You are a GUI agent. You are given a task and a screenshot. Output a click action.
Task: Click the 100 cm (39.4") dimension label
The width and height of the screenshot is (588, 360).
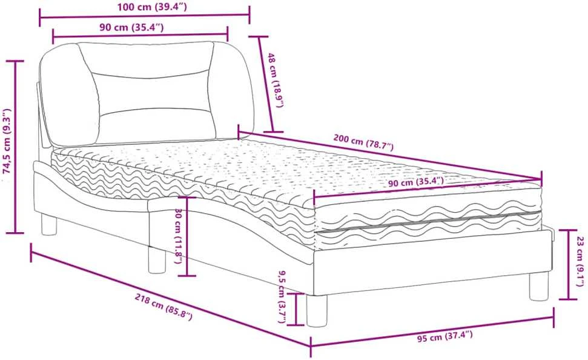point(151,7)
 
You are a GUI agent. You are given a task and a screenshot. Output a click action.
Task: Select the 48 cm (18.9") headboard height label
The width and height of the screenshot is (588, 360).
point(276,80)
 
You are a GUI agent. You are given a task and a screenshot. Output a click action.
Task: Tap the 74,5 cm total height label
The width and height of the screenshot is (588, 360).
point(7,141)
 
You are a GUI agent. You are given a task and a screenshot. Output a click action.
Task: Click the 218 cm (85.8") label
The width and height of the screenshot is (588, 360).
point(164,307)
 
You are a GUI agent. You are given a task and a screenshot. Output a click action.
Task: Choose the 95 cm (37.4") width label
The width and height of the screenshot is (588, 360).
point(444,336)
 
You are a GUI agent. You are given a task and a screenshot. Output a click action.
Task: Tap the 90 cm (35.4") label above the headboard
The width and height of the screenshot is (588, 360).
point(131,27)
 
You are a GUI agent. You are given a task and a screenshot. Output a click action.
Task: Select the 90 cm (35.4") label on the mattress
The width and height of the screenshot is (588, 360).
point(416,183)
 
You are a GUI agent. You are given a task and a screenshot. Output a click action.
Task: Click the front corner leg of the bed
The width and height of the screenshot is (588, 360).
point(317,310)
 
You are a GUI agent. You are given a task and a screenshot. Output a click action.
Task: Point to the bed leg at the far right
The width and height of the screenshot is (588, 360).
point(539,286)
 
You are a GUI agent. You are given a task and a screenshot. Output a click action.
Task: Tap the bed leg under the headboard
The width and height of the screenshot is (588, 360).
point(49,224)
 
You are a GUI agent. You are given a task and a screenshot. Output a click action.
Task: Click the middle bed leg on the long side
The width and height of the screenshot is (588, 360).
point(157,259)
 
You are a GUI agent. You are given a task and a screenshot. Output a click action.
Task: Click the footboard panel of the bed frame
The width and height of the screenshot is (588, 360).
point(434,262)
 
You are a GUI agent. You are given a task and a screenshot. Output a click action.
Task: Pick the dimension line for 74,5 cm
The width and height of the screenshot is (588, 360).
point(15,147)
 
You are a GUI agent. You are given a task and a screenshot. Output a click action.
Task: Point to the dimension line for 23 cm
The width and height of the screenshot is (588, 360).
point(568,265)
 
